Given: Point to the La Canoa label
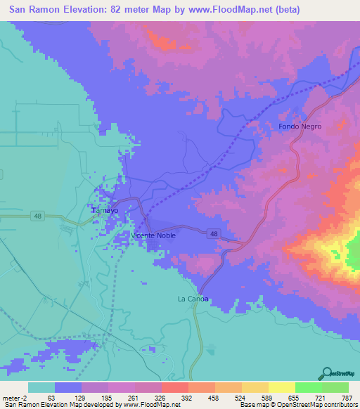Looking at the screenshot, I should pyautogui.click(x=193, y=299).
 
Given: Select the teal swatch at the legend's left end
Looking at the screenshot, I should pyautogui.click(x=41, y=387).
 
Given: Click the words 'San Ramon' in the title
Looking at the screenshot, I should pyautogui.click(x=35, y=10).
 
